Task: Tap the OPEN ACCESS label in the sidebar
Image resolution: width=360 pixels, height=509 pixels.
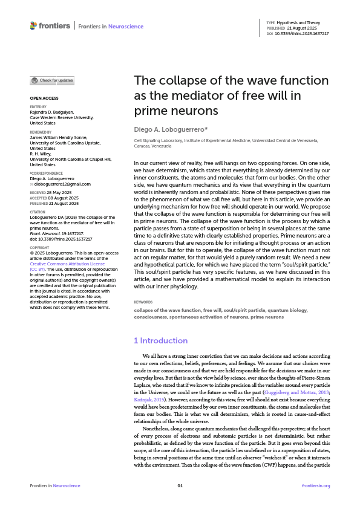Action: tap(44, 97)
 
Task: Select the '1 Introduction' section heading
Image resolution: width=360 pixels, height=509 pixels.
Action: tap(160, 340)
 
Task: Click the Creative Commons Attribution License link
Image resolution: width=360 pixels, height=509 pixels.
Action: tap(67, 281)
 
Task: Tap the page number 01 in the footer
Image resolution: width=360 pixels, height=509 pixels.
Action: tap(180, 485)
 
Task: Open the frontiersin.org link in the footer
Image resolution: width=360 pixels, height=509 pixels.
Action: tap(315, 485)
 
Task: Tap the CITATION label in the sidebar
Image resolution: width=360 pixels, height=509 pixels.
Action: tap(38, 213)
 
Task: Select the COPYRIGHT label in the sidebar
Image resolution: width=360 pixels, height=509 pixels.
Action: tap(39, 264)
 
